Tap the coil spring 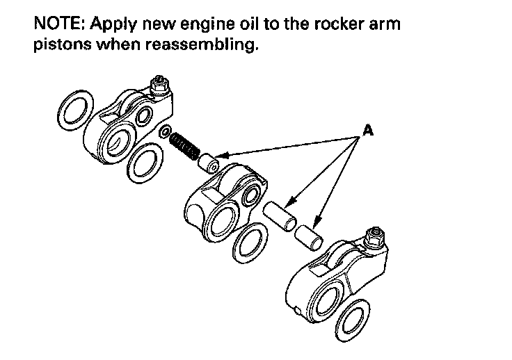tap(185, 145)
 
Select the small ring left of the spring tap(165, 132)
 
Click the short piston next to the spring tap(208, 164)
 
